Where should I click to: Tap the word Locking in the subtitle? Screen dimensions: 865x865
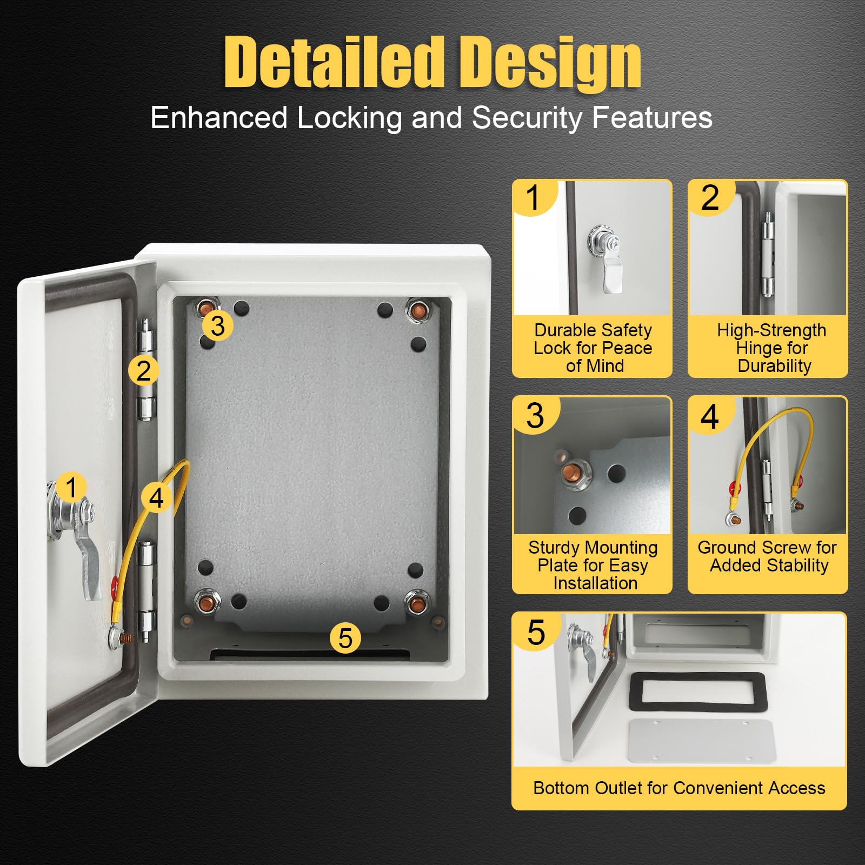[x=349, y=118]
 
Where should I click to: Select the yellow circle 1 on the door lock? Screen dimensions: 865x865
[x=71, y=487]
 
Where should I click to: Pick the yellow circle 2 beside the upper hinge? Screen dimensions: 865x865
[x=143, y=371]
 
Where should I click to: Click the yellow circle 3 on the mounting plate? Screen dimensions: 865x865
[x=217, y=325]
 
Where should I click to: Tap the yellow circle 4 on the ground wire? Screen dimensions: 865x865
[x=156, y=497]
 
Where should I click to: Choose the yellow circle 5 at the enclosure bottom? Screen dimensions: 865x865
[x=345, y=638]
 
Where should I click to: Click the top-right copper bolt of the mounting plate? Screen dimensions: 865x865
[x=417, y=311]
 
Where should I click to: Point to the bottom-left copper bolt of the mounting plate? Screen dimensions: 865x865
[x=207, y=601]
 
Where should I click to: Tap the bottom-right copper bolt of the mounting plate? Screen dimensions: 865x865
[x=417, y=602]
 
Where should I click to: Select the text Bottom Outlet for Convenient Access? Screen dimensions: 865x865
[x=679, y=788]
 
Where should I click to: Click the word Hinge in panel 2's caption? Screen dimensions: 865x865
[x=771, y=348]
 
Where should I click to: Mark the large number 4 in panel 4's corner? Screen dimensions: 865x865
[x=710, y=417]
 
